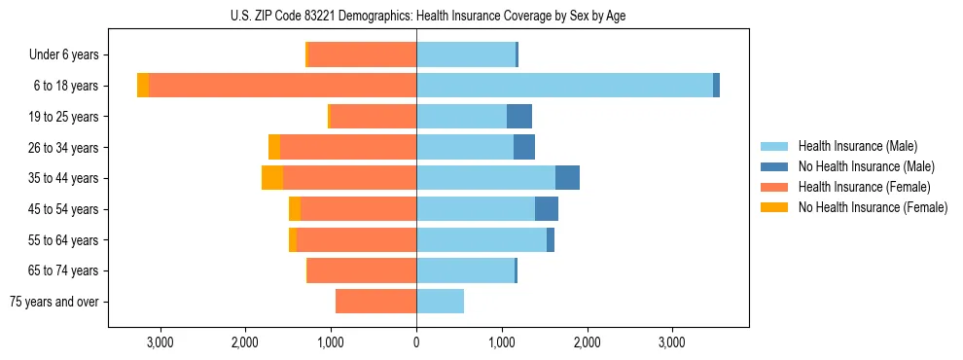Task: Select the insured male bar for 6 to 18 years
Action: [564, 86]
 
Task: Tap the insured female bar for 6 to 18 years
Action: [282, 86]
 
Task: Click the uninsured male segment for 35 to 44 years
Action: [567, 178]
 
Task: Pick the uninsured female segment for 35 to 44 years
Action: [272, 178]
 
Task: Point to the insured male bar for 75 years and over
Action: [440, 302]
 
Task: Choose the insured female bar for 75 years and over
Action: [375, 302]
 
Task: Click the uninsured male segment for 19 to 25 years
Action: [519, 117]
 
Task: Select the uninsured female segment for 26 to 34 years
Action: [274, 147]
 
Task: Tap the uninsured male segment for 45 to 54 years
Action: [547, 209]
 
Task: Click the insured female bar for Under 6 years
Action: [362, 54]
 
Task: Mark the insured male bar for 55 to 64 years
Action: [481, 240]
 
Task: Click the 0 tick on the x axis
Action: [416, 342]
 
